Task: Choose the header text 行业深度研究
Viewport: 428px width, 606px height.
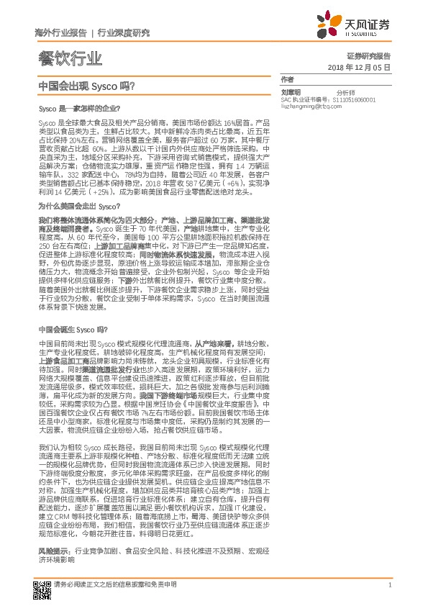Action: [x=124, y=32]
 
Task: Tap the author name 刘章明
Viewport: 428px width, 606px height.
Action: [x=291, y=92]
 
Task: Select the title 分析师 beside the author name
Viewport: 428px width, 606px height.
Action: [x=346, y=92]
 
